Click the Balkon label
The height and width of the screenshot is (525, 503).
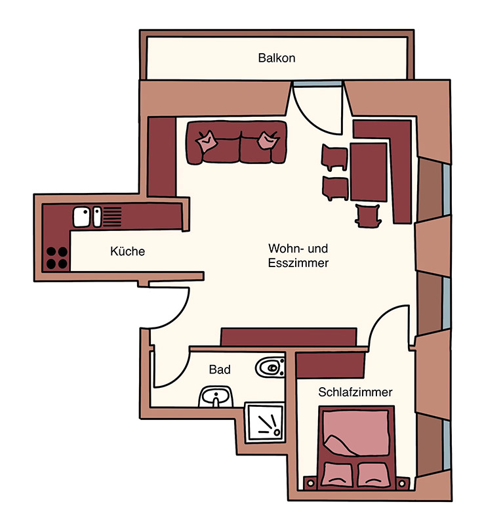point(277,58)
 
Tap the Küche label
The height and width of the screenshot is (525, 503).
point(127,251)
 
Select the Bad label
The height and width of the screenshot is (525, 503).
point(220,369)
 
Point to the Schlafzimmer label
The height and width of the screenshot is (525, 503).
point(355,392)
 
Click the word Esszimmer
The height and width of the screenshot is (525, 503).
point(298,263)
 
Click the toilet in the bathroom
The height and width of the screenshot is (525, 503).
point(270,367)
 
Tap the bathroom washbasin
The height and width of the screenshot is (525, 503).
point(216,397)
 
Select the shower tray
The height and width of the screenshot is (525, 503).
point(265,423)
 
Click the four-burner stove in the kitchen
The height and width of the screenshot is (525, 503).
point(56,257)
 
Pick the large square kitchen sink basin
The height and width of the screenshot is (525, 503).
point(82,217)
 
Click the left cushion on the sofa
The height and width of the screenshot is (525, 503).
point(207,141)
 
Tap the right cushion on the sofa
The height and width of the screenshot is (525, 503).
point(268,140)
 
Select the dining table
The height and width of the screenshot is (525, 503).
point(369,172)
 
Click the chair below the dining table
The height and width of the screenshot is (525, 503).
point(368,215)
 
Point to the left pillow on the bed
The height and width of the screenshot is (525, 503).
point(337,474)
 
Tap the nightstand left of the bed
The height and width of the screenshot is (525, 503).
point(311,483)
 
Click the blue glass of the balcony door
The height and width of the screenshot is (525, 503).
point(317,84)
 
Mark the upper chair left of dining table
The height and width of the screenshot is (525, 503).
point(334,157)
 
